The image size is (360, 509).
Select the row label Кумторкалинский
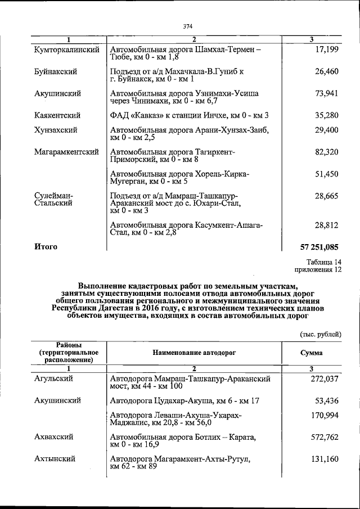[x=66, y=50]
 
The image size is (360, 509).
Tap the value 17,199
[x=327, y=50]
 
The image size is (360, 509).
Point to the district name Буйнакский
[x=55, y=71]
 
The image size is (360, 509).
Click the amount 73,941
[x=327, y=93]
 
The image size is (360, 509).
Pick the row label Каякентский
[x=57, y=115]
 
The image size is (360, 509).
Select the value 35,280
[x=327, y=115]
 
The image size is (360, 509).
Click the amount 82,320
[x=327, y=152]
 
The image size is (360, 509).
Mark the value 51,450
[x=327, y=174]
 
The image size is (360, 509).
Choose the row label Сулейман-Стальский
[x=53, y=199]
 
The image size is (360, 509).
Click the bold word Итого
[x=46, y=246]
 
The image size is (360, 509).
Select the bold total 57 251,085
[x=320, y=246]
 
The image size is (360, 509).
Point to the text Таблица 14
[x=323, y=262]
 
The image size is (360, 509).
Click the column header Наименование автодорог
[x=194, y=353]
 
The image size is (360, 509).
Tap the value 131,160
[x=325, y=459]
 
